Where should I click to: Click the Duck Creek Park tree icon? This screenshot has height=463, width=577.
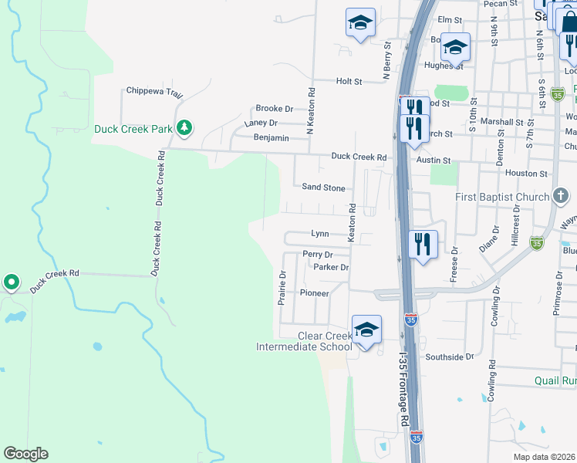pyautogui.click(x=184, y=127)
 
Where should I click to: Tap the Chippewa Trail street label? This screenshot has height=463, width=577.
pyautogui.click(x=154, y=94)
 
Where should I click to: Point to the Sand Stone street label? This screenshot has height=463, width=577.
pyautogui.click(x=323, y=188)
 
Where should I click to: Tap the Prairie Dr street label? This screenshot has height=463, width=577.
pyautogui.click(x=282, y=287)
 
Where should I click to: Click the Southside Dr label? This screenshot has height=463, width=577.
pyautogui.click(x=450, y=357)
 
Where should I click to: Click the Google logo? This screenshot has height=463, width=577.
pyautogui.click(x=26, y=454)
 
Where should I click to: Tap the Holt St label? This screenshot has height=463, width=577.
pyautogui.click(x=349, y=81)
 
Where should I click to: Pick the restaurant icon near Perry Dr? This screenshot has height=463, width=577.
pyautogui.click(x=423, y=245)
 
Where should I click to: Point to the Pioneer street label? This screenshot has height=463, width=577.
pyautogui.click(x=315, y=293)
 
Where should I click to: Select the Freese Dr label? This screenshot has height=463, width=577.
pyautogui.click(x=454, y=263)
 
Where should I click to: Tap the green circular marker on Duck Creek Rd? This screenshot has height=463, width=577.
pyautogui.click(x=11, y=283)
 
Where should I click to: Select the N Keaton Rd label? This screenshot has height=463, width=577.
pyautogui.click(x=311, y=110)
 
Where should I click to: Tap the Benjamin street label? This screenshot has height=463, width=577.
pyautogui.click(x=271, y=138)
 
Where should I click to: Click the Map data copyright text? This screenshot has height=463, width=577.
pyautogui.click(x=544, y=457)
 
